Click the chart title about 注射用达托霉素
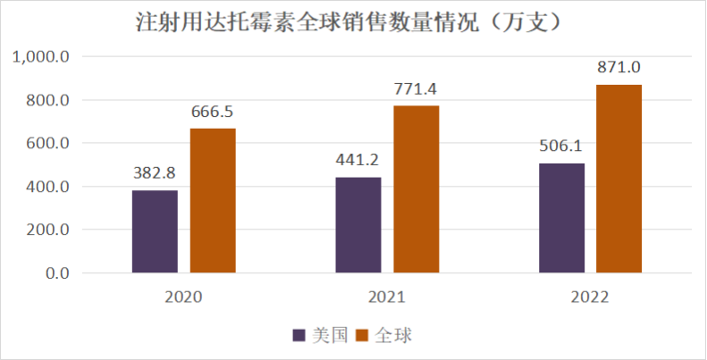[x=353, y=21]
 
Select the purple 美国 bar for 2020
[x=155, y=231]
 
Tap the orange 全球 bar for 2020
[x=213, y=201]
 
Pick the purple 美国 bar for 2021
[x=358, y=225]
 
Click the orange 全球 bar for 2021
[x=417, y=189]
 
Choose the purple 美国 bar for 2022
[x=562, y=218]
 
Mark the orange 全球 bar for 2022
[x=619, y=179]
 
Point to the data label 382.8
[x=155, y=173]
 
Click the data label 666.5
[x=213, y=112]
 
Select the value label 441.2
[x=358, y=161]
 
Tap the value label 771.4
[x=417, y=88]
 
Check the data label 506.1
[x=562, y=147]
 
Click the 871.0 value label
[x=619, y=67]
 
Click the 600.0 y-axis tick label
[x=46, y=144]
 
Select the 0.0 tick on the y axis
[x=55, y=273]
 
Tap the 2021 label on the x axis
[x=387, y=297]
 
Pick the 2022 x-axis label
[x=591, y=297]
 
